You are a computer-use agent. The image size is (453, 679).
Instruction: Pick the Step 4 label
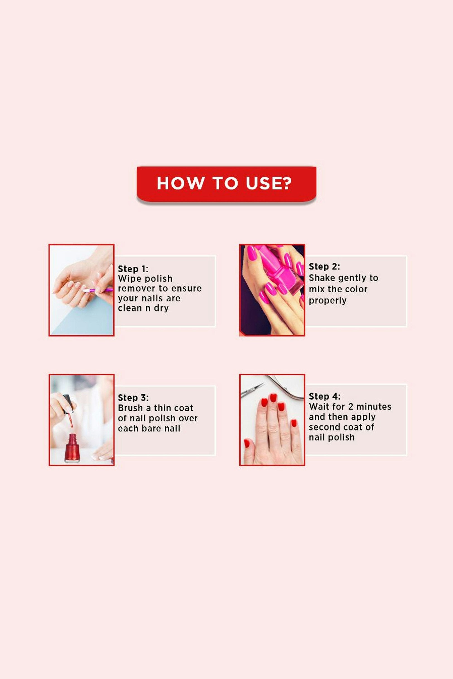324,396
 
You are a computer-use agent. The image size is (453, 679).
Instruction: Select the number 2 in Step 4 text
350,406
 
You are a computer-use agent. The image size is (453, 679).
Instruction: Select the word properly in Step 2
328,301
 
